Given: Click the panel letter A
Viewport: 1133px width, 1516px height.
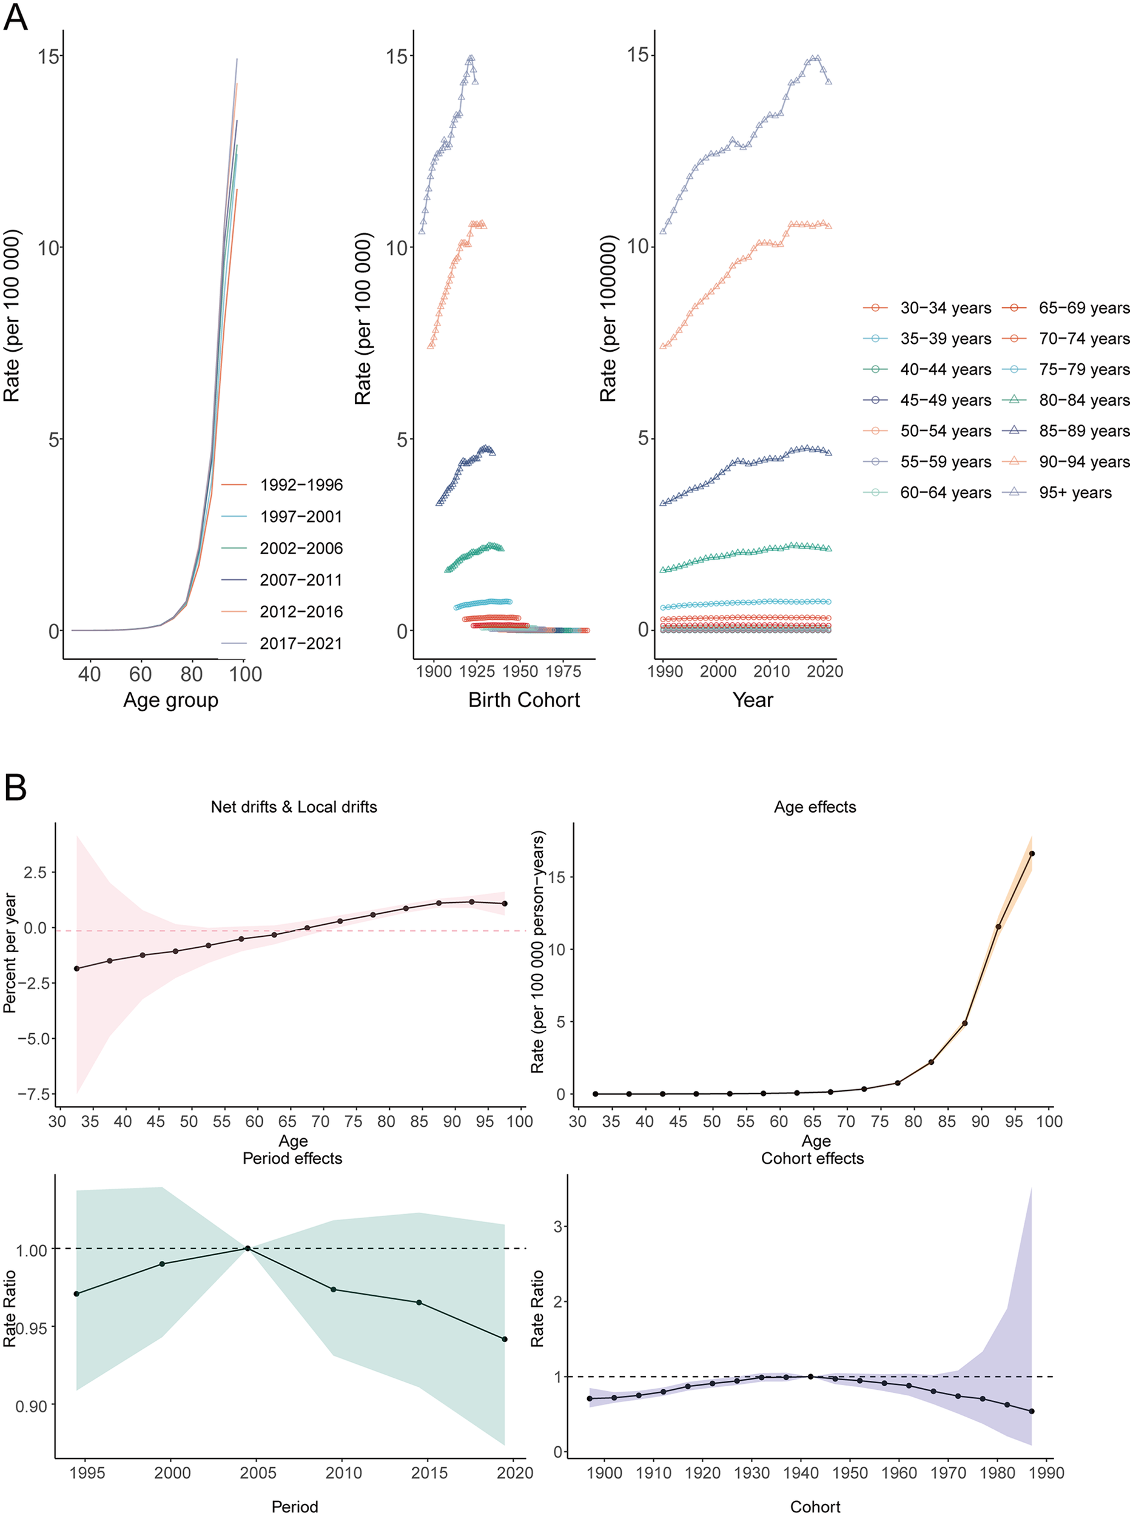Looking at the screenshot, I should click(15, 16).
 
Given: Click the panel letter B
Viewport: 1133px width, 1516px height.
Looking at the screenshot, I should click(15, 788).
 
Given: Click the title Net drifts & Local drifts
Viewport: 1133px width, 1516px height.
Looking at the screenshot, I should click(294, 807).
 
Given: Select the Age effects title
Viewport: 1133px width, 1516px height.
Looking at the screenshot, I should click(815, 807).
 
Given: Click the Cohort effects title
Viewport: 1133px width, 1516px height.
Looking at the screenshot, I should click(812, 1158).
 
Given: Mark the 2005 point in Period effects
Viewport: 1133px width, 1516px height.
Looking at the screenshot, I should click(247, 1248).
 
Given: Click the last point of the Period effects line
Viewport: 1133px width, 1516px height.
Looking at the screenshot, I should click(505, 1339).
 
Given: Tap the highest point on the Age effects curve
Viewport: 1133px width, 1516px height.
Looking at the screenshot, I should click(1032, 854).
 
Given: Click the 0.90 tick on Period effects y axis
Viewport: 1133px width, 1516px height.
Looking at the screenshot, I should click(32, 1406).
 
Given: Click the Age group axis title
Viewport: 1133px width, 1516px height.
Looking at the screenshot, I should click(170, 700).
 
